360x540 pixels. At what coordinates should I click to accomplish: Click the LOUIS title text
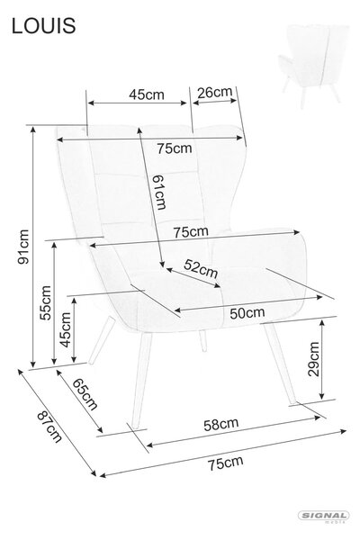click(x=43, y=25)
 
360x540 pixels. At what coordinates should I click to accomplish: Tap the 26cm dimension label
click(x=214, y=93)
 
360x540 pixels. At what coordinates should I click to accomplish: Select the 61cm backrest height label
click(x=159, y=192)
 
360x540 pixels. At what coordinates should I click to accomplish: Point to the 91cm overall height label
click(x=23, y=247)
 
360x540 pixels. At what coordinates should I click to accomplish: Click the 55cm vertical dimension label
click(x=45, y=303)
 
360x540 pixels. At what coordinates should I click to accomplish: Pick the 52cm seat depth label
click(x=201, y=268)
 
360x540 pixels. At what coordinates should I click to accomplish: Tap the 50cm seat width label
click(x=247, y=313)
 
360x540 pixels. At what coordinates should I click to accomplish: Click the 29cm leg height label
click(x=314, y=359)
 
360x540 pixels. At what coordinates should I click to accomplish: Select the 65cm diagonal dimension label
click(x=85, y=394)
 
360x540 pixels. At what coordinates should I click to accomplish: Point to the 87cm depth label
click(x=49, y=427)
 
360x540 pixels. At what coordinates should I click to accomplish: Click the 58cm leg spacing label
click(x=220, y=425)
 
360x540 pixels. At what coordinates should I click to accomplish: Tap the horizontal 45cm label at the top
click(x=147, y=94)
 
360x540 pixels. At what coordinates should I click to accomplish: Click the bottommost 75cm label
click(x=225, y=463)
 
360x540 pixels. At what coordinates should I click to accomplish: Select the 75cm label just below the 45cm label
click(x=175, y=148)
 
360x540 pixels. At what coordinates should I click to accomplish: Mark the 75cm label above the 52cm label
click(x=191, y=232)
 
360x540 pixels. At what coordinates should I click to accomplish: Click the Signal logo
click(x=323, y=517)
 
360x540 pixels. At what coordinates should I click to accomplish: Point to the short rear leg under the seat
click(x=202, y=341)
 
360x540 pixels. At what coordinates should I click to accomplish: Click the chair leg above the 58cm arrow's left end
click(x=141, y=381)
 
